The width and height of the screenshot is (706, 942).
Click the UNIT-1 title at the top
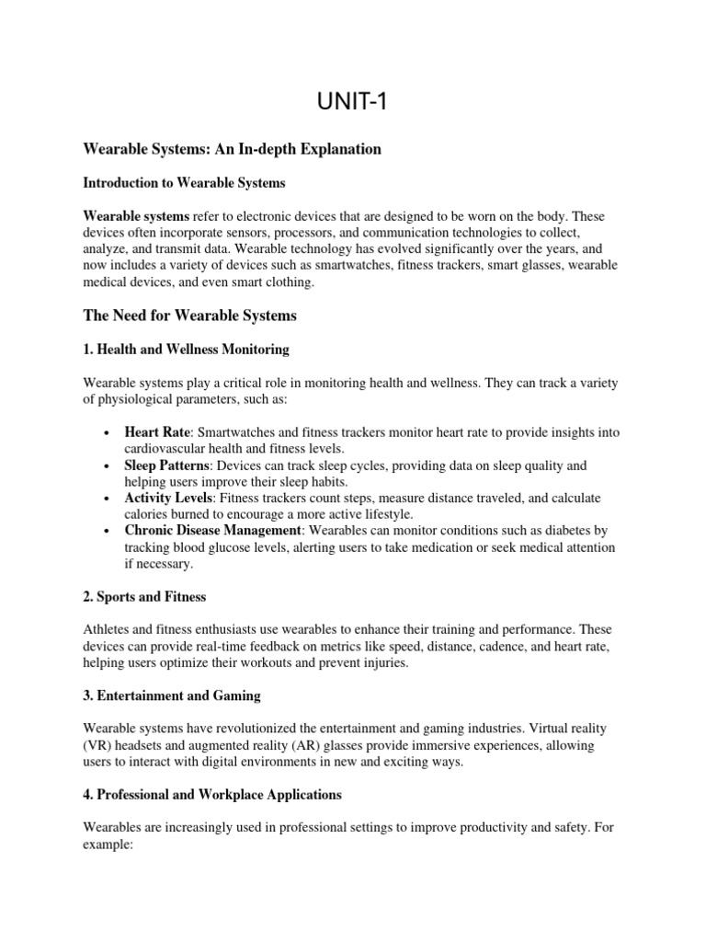click(x=352, y=101)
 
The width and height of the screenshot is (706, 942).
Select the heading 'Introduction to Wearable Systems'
click(x=184, y=182)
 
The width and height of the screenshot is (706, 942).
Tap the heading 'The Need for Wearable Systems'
click(x=190, y=316)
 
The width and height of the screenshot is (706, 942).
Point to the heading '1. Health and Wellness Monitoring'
click(x=187, y=349)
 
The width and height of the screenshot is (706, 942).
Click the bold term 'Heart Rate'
click(x=158, y=431)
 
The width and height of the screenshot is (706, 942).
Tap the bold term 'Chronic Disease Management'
click(x=212, y=531)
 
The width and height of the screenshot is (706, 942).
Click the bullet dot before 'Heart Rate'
click(x=108, y=432)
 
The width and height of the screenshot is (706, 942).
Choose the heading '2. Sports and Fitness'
click(x=144, y=596)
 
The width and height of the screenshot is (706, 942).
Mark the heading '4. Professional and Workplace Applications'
click(x=212, y=793)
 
